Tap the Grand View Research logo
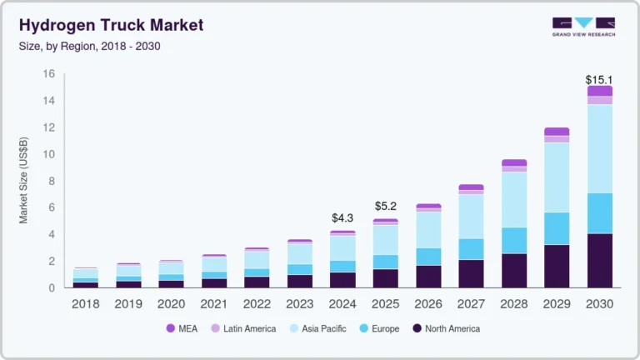(x=582, y=27)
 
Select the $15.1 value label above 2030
(x=599, y=80)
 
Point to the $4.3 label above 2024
(x=342, y=220)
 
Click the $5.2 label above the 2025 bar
(x=385, y=206)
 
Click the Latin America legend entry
(x=246, y=328)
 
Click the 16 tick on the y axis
(x=48, y=74)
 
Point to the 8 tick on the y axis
(x=51, y=181)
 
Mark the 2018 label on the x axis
(x=85, y=304)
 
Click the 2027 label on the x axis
(x=471, y=304)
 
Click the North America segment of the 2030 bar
(x=599, y=260)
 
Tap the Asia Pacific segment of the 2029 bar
(x=557, y=177)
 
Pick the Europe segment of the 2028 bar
(x=513, y=240)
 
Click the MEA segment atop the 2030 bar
(x=599, y=91)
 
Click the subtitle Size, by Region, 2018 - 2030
(x=89, y=46)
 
